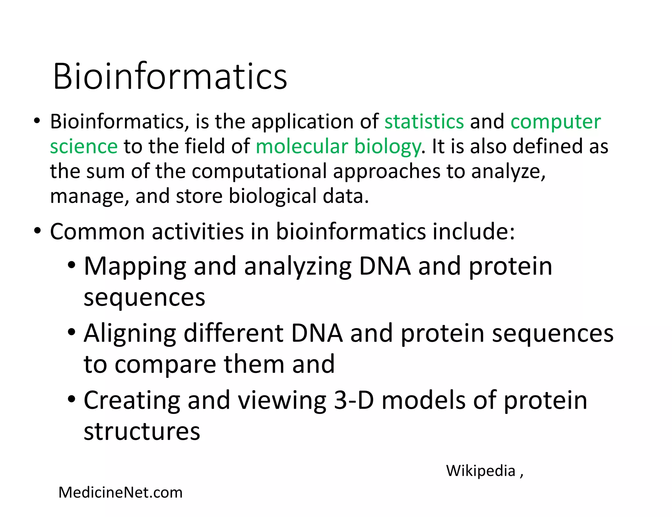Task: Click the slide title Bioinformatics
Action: (170, 76)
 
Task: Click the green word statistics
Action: (424, 121)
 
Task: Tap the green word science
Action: (84, 146)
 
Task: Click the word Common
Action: (97, 232)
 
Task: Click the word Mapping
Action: (135, 267)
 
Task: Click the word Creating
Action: (132, 400)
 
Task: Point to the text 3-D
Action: (354, 400)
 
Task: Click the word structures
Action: (142, 431)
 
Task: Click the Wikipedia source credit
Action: (480, 471)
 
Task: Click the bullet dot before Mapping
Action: (72, 265)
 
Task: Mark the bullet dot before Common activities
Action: (37, 230)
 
